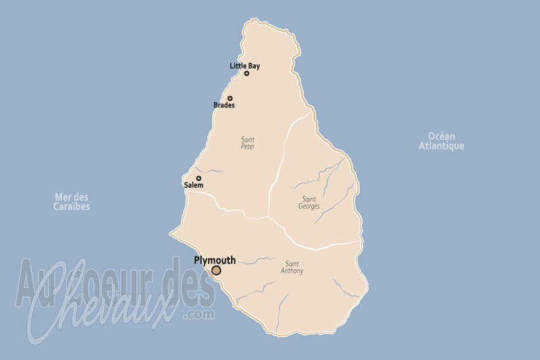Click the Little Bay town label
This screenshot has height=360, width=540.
(244, 66)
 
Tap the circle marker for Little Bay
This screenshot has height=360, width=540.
(247, 73)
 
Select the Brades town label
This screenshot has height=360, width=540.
(224, 105)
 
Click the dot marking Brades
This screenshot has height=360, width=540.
(230, 99)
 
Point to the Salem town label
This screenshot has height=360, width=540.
(193, 184)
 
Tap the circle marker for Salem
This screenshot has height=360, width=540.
(198, 178)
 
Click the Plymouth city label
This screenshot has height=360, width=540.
(215, 260)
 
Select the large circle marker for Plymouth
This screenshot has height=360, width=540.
(216, 270)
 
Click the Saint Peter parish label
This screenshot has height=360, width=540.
(248, 143)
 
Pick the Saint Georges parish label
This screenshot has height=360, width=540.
(310, 202)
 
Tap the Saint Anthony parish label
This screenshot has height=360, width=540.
(292, 267)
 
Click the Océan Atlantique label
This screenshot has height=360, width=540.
(441, 141)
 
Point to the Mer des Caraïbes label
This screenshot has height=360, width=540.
(72, 202)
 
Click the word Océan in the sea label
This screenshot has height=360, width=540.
(441, 136)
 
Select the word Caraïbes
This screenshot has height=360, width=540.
(72, 207)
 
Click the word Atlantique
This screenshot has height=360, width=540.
(441, 146)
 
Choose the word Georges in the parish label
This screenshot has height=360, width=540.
(310, 206)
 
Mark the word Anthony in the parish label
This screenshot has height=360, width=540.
(292, 271)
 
